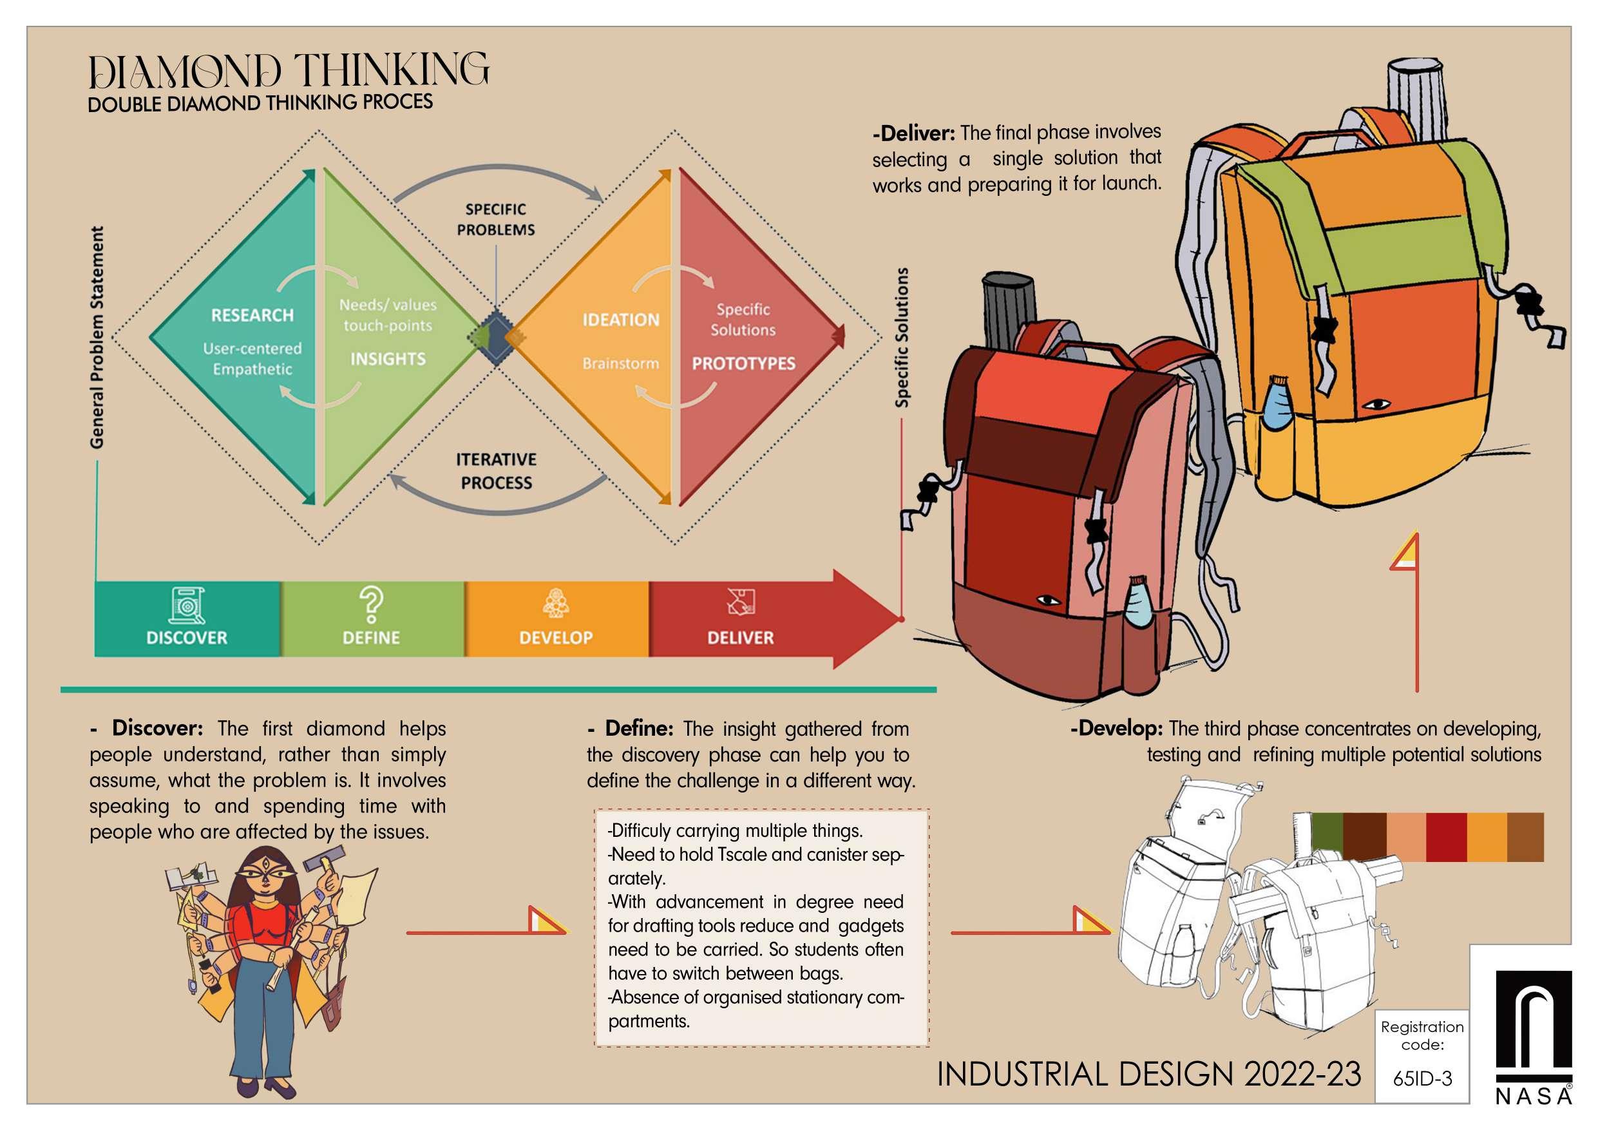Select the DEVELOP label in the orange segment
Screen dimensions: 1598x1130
pos(555,638)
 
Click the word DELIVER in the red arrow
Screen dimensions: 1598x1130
pos(740,638)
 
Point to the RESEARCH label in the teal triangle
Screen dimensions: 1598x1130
pos(252,316)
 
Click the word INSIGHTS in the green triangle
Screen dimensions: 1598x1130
pos(388,359)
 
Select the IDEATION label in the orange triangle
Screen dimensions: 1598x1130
pos(620,320)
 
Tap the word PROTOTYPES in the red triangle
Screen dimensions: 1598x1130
pos(743,363)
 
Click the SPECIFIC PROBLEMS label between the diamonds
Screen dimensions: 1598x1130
pos(495,219)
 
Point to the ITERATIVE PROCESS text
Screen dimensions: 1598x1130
pos(495,472)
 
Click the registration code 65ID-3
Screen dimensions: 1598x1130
pos(1422,1078)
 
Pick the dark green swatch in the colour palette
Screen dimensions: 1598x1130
pos(1327,837)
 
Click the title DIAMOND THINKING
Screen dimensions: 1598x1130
pos(289,72)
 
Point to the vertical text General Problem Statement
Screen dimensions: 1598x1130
pos(97,337)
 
